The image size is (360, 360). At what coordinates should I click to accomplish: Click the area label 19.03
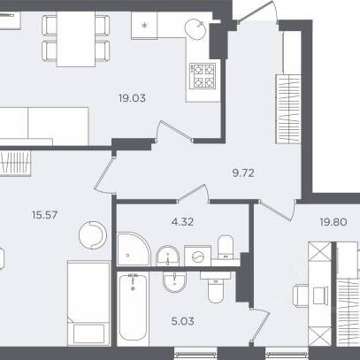click(x=132, y=98)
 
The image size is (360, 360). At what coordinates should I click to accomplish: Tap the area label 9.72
click(x=243, y=173)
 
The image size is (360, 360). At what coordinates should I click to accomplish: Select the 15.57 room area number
click(x=44, y=215)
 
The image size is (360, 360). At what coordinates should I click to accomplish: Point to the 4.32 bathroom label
click(x=182, y=221)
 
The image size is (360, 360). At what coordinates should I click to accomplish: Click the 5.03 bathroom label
click(x=182, y=321)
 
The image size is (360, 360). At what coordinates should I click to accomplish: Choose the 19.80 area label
click(x=333, y=222)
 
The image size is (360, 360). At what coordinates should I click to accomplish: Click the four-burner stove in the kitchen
click(x=203, y=76)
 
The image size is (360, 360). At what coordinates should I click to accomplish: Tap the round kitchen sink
click(x=195, y=29)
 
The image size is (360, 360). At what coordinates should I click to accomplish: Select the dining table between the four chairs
click(x=76, y=39)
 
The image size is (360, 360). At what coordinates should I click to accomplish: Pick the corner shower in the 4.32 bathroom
click(x=134, y=249)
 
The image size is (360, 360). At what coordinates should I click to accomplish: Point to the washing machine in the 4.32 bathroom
click(x=198, y=257)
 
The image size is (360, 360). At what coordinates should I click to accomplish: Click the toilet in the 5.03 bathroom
click(x=216, y=287)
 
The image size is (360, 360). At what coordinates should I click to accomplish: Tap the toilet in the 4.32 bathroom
click(x=226, y=248)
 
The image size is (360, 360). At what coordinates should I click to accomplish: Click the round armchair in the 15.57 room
click(x=93, y=235)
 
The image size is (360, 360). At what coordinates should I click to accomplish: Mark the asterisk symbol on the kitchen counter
click(x=144, y=26)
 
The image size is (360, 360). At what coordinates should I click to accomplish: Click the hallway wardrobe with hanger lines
click(x=288, y=109)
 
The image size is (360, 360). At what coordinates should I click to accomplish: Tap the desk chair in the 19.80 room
click(x=301, y=295)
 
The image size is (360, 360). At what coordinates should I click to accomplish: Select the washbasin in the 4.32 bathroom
click(x=167, y=256)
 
